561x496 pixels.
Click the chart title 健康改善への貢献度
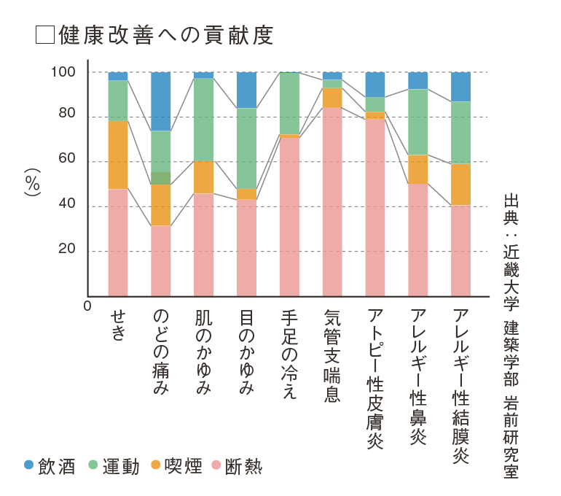tap(167, 36)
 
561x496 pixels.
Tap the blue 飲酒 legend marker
tap(29, 465)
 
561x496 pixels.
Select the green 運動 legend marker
tap(93, 465)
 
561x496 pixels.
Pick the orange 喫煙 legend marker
tap(156, 465)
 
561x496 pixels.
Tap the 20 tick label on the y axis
tap(66, 250)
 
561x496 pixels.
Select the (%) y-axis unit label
tap(32, 184)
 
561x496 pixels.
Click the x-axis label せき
tap(118, 325)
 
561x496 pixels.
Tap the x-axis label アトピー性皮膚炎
tap(375, 379)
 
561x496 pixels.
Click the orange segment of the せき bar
tap(118, 155)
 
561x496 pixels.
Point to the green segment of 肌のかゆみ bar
tap(203, 120)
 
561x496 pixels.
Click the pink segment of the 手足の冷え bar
tap(289, 217)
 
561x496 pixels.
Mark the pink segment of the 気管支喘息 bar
tap(332, 201)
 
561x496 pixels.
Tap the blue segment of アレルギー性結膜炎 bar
tap(460, 86)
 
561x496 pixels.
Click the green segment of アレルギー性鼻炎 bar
tap(417, 122)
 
